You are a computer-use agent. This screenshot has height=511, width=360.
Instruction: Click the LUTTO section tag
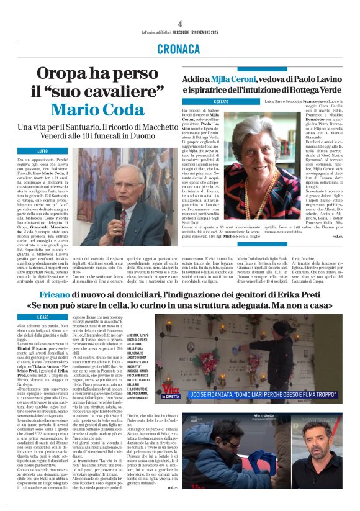42,151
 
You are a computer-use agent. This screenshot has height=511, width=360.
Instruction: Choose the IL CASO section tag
42,317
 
